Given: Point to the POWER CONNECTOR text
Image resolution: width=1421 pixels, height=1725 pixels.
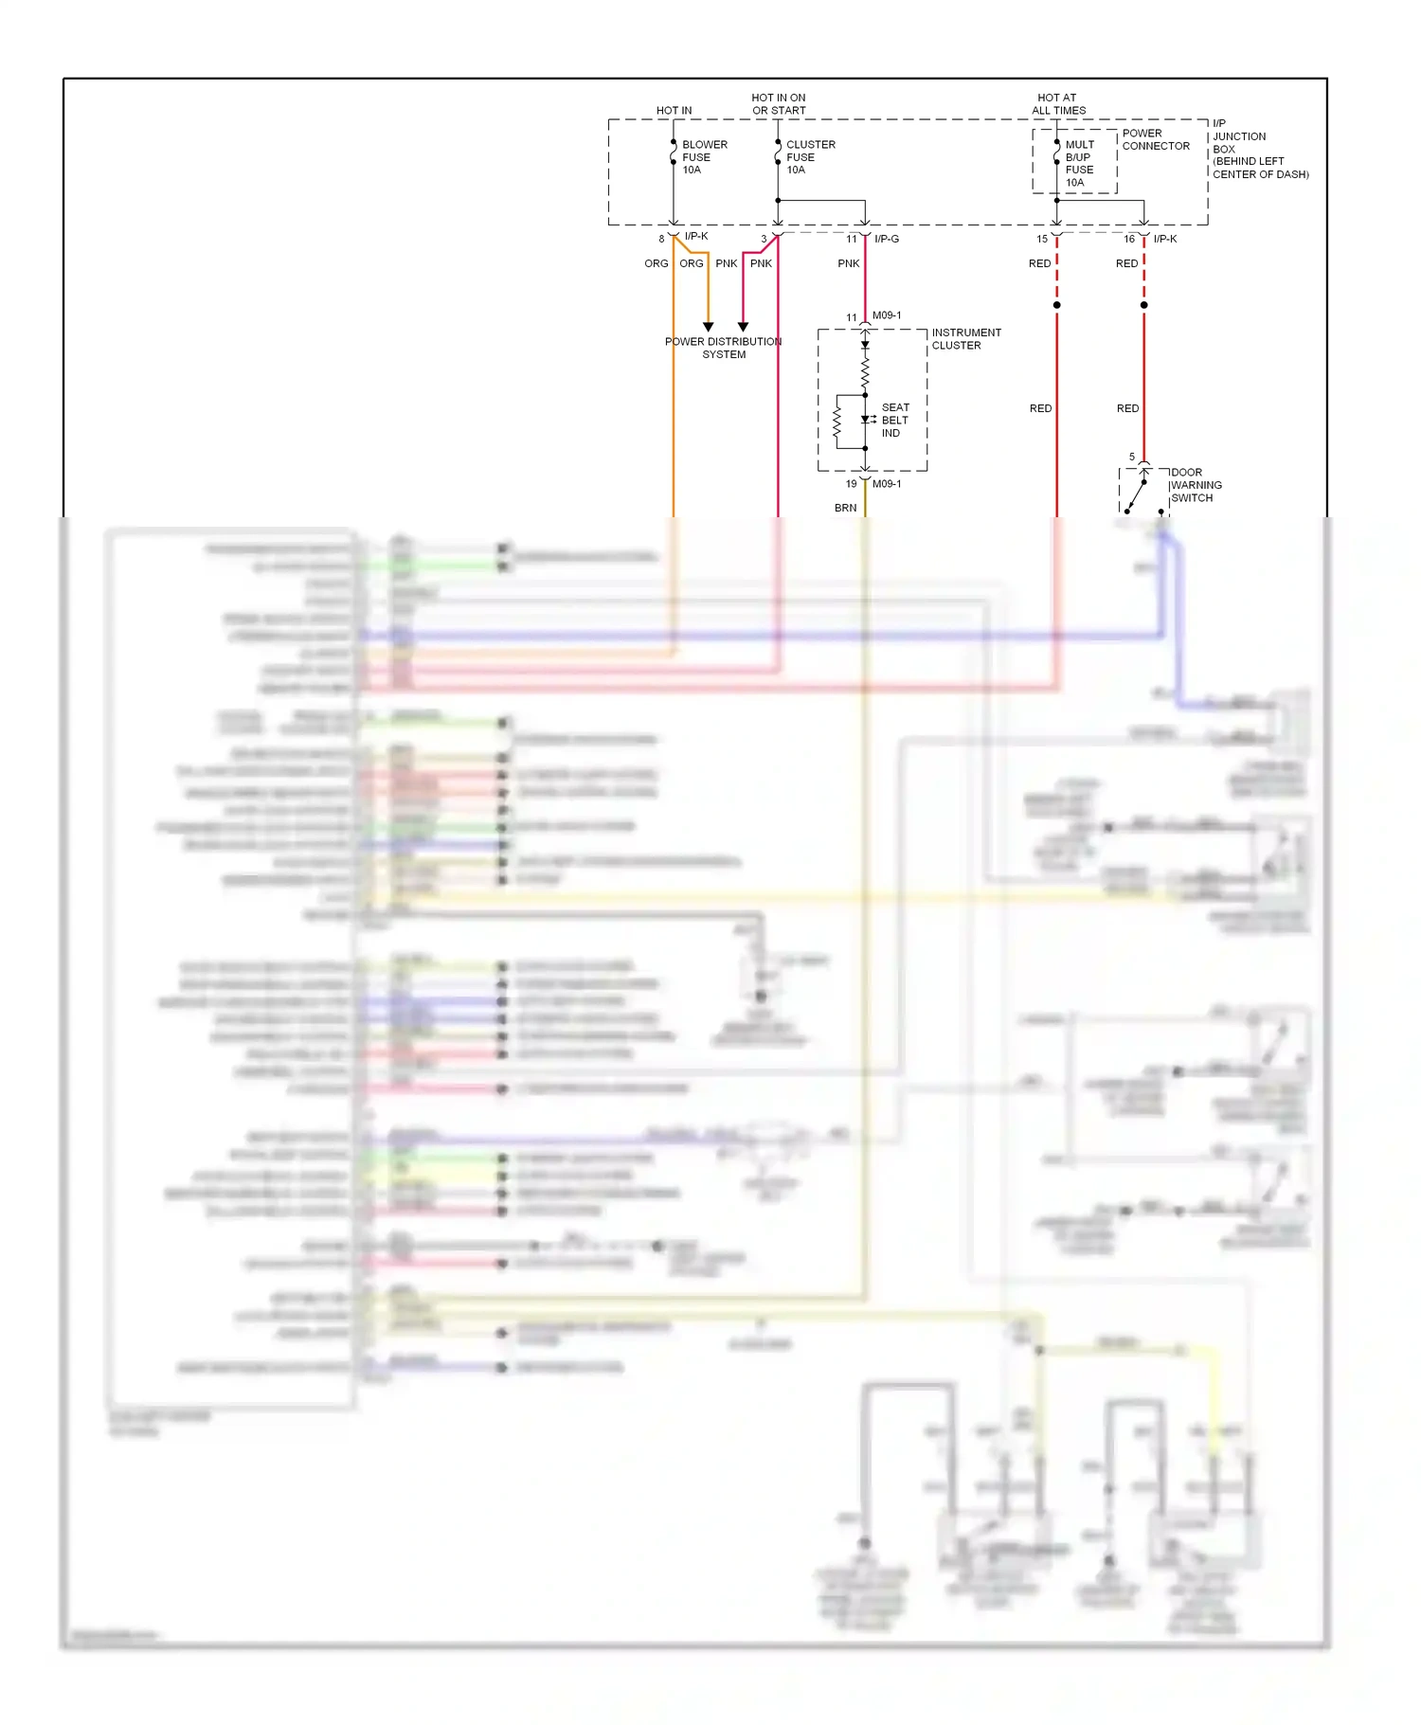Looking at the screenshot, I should (x=1155, y=139).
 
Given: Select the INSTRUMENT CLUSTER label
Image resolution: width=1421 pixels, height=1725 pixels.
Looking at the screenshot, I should (x=965, y=339).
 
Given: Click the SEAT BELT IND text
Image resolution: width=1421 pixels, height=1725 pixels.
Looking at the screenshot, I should (x=894, y=420).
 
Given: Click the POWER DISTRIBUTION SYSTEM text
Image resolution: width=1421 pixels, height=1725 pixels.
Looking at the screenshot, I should (x=723, y=348).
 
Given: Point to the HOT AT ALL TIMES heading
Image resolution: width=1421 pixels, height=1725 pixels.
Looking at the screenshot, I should (x=1058, y=104).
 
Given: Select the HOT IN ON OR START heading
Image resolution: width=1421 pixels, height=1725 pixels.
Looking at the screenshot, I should (x=778, y=104).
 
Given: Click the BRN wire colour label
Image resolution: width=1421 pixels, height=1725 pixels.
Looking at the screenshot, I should (x=845, y=508).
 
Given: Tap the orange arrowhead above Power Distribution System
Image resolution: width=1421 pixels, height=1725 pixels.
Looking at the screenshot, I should (x=708, y=327).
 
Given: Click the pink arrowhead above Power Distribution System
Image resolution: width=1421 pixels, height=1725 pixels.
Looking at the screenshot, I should (x=743, y=327).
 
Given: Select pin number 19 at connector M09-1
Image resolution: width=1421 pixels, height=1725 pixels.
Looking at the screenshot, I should (x=851, y=484).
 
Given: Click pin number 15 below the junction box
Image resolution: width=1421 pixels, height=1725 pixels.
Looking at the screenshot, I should (x=1041, y=239).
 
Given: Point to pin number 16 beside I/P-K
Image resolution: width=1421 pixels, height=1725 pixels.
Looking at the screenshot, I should (x=1128, y=239).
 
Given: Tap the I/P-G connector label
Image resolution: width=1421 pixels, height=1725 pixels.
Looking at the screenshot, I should (x=886, y=239).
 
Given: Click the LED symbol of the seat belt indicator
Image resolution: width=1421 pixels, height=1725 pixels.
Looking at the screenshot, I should (x=866, y=419).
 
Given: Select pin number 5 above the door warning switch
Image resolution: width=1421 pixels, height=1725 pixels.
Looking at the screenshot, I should (x=1131, y=457).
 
